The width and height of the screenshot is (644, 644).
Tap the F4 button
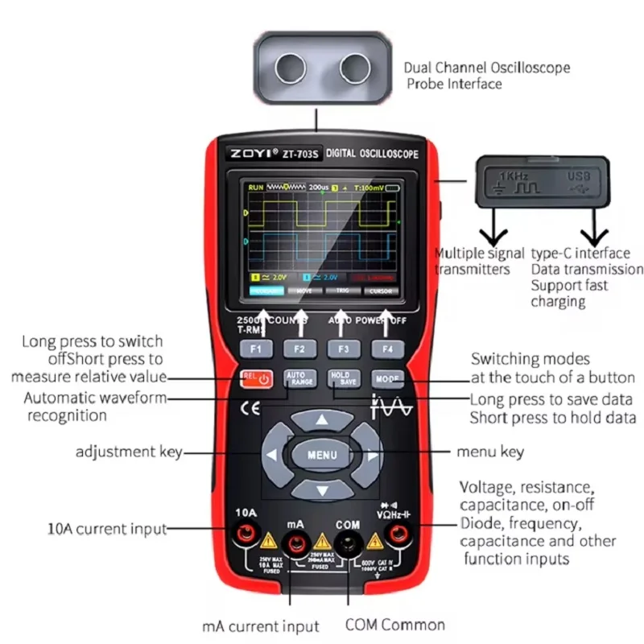387,349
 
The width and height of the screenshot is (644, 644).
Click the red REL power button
255,378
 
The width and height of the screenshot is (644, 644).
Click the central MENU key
322,455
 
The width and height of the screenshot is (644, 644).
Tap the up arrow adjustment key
322,420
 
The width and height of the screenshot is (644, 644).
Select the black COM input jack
348,544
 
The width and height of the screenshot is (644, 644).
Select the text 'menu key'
490,452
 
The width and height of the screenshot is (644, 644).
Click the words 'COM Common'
394,625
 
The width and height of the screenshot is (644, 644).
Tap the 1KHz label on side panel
514,175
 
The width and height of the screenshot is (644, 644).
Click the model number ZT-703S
300,154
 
